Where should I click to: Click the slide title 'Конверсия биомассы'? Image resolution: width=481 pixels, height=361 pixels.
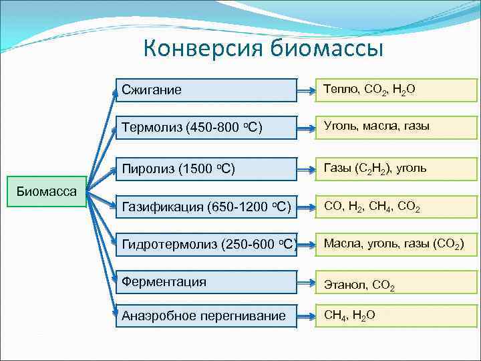[x=263, y=49]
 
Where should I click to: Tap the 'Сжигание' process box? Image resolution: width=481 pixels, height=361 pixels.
[x=206, y=90]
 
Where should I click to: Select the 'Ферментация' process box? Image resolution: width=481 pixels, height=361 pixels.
[x=206, y=282]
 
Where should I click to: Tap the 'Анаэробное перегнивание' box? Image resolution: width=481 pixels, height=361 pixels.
[x=206, y=316]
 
